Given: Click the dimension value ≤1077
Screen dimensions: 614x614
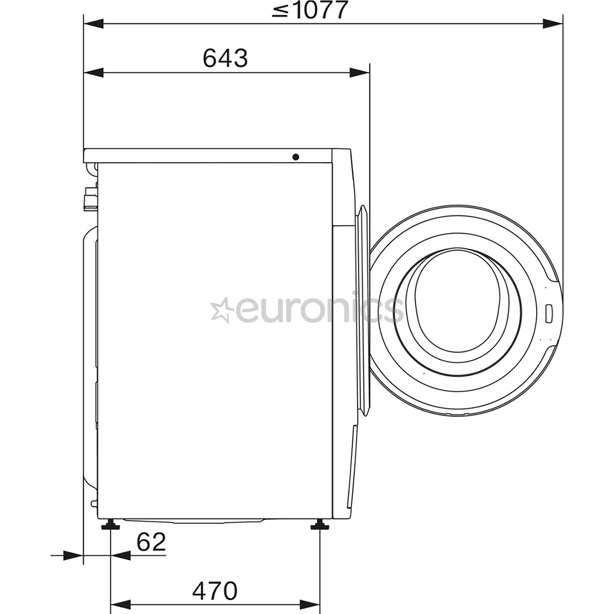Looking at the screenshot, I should pyautogui.click(x=309, y=10).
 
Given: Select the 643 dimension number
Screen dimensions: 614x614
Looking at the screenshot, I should pyautogui.click(x=225, y=58).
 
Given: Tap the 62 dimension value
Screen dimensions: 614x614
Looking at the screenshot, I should pyautogui.click(x=151, y=542).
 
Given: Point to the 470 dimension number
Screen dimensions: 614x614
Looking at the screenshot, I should pyautogui.click(x=214, y=591).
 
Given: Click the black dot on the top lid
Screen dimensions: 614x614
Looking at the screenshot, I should pyautogui.click(x=296, y=157).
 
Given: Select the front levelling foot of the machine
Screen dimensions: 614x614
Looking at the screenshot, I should pyautogui.click(x=320, y=525).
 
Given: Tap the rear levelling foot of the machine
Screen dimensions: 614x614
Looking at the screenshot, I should pyautogui.click(x=110, y=525).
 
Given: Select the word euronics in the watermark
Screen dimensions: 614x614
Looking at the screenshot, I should pyautogui.click(x=318, y=310).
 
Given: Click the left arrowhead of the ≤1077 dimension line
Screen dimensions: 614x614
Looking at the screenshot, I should pyautogui.click(x=94, y=24).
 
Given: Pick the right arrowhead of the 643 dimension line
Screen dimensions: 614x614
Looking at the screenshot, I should pyautogui.click(x=359, y=73).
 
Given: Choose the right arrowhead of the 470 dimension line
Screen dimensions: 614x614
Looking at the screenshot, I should pyautogui.click(x=310, y=604).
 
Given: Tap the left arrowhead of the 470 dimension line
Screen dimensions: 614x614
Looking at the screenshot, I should pyautogui.click(x=120, y=604).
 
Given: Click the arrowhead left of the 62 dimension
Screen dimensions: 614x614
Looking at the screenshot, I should pyautogui.click(x=73, y=556).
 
